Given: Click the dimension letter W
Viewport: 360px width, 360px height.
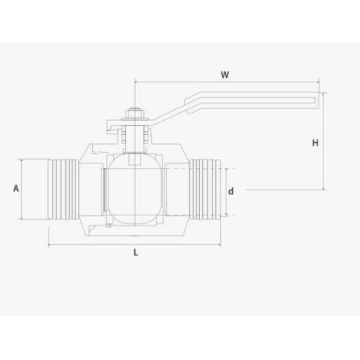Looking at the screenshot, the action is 225,74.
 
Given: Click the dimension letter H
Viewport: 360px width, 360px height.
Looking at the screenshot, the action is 315,143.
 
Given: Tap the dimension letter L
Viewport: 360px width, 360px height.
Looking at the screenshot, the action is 136,253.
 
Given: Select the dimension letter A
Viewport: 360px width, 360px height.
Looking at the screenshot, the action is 16,188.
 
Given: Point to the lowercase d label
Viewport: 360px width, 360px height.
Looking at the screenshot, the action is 231,191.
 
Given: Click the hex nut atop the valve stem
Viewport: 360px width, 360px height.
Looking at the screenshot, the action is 135,113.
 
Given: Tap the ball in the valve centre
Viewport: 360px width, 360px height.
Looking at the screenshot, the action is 135,189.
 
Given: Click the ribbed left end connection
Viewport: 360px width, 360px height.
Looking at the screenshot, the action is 64,189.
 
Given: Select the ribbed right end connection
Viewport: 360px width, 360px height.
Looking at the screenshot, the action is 205,189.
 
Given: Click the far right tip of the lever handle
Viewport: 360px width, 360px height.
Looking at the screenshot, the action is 319,100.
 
